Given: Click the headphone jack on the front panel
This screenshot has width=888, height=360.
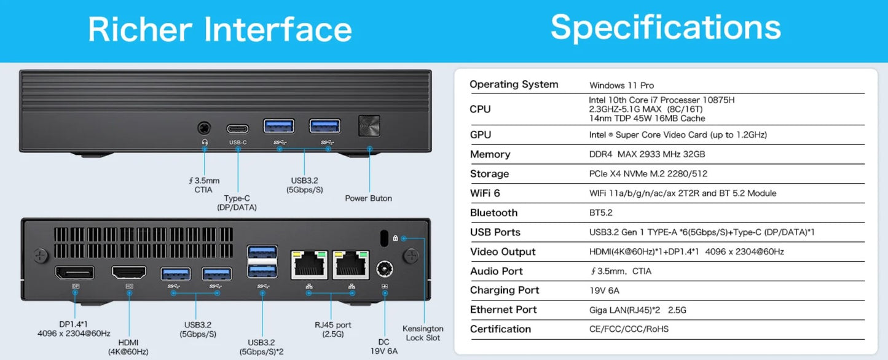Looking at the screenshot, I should point(204,128).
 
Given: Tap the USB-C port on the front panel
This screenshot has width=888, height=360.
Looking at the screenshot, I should point(238,128).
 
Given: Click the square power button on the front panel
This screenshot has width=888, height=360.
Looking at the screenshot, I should point(369,125).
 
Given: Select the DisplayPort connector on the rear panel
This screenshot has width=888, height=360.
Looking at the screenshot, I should point(75,272).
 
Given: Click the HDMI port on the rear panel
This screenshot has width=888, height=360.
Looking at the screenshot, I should point(129,272).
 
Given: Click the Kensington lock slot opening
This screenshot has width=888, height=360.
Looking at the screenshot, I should point(385,237).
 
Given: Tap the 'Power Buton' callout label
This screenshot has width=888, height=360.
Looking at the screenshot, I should point(368,198).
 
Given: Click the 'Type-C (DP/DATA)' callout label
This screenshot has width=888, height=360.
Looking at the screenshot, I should point(237,203).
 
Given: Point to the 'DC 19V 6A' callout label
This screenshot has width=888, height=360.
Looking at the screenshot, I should point(385,346).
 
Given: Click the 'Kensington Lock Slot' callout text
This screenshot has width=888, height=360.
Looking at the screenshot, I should point(423,333).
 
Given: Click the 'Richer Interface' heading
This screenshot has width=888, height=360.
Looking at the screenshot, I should point(219,29).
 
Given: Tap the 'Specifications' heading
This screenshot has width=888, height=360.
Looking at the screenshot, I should point(666,27).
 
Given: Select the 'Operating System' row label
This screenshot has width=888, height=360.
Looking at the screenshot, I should point(514,85).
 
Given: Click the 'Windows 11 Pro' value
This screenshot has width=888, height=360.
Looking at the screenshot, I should point(621,85).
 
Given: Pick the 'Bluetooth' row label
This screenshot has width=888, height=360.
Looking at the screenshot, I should point(493,213).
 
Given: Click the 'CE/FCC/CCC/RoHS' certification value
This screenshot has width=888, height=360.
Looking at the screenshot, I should point(629,329).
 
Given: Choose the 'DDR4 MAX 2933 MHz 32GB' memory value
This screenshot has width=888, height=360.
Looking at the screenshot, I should point(647,154).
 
